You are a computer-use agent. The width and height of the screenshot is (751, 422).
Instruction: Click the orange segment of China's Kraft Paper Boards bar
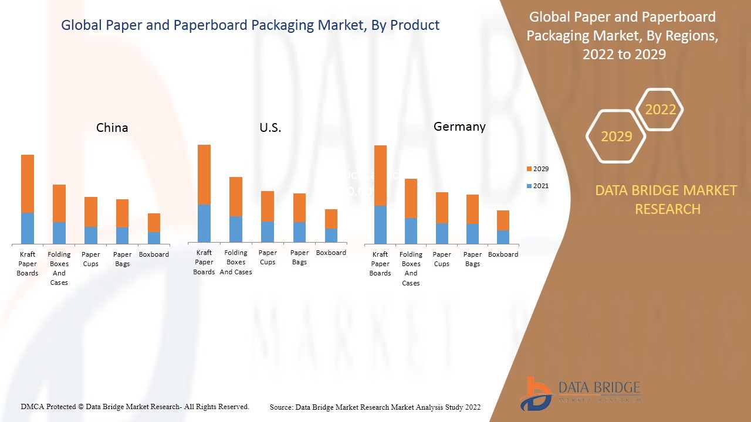pos(28,183)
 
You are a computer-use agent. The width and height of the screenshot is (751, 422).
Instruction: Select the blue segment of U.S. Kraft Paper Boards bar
pos(204,223)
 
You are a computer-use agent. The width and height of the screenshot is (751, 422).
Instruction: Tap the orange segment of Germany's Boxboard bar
pos(503,220)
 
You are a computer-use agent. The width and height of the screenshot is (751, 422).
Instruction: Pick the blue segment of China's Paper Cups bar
pos(91,235)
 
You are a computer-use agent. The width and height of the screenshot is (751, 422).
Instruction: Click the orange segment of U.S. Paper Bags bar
pos(299,207)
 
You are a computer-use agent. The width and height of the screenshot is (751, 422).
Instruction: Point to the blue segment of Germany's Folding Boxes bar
pos(411,230)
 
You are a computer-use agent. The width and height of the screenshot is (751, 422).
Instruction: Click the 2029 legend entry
pos(537,169)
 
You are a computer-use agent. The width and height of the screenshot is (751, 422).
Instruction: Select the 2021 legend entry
pos(537,186)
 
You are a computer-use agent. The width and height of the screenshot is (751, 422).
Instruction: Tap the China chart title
pos(112,128)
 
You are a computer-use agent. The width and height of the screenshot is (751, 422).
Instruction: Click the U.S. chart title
pos(270,128)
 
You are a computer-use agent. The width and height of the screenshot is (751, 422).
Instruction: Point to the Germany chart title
pos(459,127)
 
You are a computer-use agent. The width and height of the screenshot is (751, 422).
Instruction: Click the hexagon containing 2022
pos(660,110)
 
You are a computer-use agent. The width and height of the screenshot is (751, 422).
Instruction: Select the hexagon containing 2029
pos(616,137)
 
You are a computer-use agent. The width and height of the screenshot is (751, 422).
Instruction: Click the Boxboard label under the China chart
pos(154,254)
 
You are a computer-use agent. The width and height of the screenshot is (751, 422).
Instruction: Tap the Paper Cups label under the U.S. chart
pos(268,257)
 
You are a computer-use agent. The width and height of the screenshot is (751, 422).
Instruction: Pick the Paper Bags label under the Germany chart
pos(472,259)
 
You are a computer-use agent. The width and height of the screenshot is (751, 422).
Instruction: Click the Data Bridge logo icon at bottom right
pos(535,393)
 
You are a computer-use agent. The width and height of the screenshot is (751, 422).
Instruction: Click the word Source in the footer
pos(282,407)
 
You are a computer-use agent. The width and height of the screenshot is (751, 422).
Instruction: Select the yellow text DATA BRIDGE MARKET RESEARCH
pos(666,200)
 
